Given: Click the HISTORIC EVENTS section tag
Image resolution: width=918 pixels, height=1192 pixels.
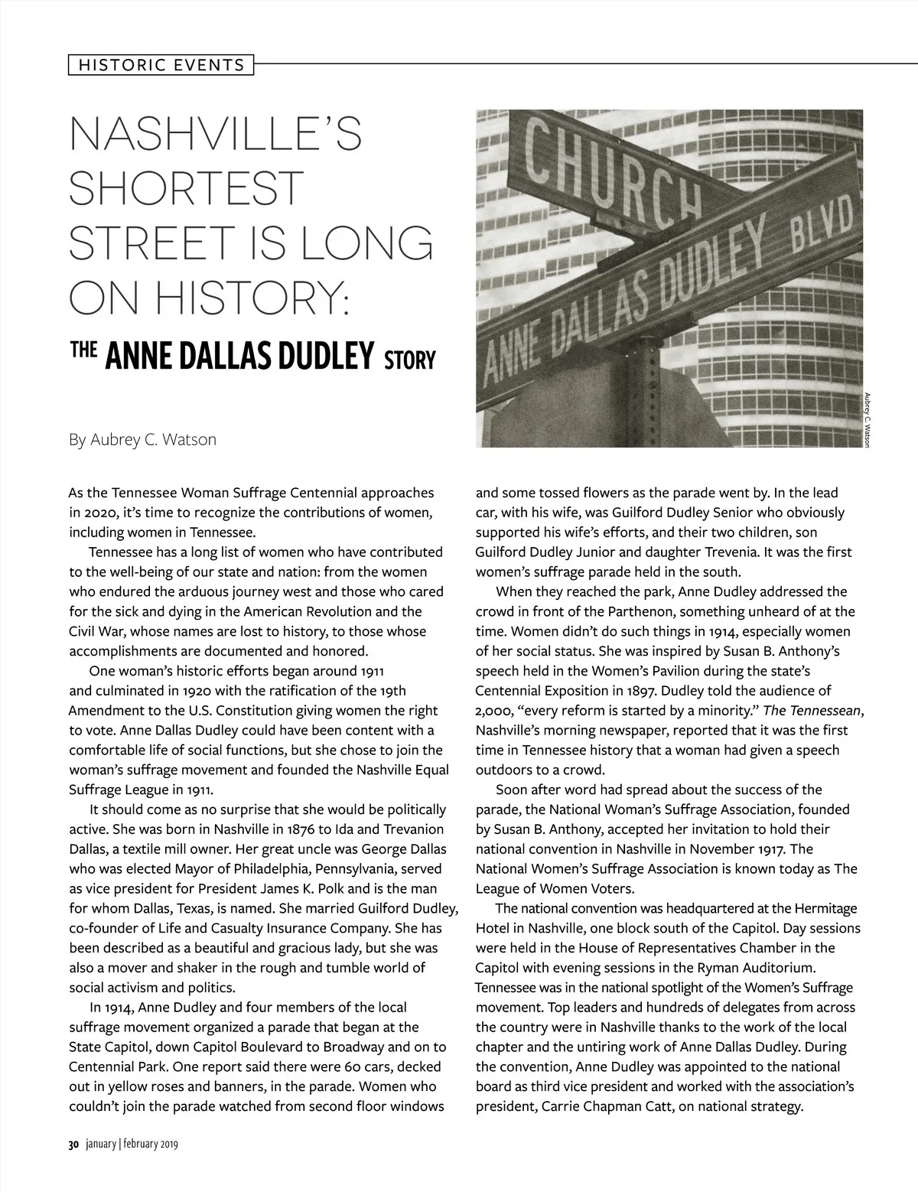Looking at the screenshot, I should pos(160,65).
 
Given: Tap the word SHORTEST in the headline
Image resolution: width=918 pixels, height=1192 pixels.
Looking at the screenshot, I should pos(187,188).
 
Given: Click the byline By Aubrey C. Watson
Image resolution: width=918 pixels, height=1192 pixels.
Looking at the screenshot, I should pos(142,440).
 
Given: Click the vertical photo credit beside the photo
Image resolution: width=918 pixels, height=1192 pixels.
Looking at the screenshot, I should pos(867,420).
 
